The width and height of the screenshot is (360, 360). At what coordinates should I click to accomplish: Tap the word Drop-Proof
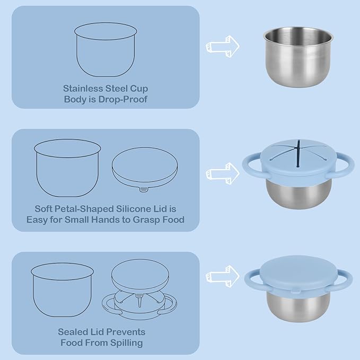[x=123, y=100]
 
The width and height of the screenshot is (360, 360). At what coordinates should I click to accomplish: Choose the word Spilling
[x=127, y=343]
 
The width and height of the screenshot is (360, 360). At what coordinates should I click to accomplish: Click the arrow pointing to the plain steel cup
[x=223, y=46]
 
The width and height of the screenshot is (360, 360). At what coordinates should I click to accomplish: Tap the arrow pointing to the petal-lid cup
[x=223, y=173]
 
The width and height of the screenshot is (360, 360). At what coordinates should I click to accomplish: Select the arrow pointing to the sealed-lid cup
[x=223, y=276]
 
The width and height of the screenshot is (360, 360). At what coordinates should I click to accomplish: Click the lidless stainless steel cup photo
[x=298, y=57]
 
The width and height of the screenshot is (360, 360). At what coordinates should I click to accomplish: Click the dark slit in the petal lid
[x=298, y=153]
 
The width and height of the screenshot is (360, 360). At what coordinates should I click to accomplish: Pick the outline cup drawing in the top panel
[x=106, y=49]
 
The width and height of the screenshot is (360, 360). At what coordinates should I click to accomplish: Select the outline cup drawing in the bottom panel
[x=62, y=290]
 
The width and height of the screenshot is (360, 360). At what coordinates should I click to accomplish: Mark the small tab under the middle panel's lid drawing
[x=144, y=190]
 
